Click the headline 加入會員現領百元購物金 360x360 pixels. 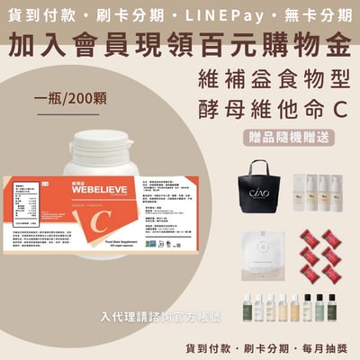pyautogui.click(x=180, y=40)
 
